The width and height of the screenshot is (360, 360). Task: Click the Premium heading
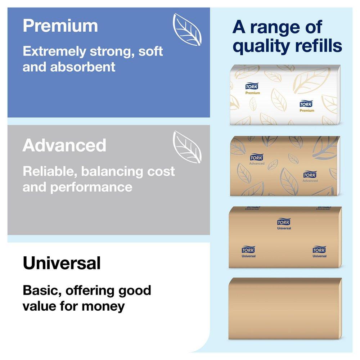click(x=60, y=26)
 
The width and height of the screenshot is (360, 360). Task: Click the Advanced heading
click(x=64, y=145)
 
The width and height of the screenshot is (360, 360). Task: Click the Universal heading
click(x=62, y=263)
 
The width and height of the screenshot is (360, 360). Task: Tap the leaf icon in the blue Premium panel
click(x=187, y=29)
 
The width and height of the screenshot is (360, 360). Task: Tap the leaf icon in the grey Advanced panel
click(x=187, y=147)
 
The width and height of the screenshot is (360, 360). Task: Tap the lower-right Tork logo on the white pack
click(x=307, y=104)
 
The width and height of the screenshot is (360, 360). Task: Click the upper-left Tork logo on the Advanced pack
click(x=257, y=157)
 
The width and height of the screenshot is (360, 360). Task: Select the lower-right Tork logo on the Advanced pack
click(x=310, y=175)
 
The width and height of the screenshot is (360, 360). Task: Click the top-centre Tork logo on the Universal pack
click(x=284, y=222)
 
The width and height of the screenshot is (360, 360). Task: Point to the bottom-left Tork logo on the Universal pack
click(x=248, y=250)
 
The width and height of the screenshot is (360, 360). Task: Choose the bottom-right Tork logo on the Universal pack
click(x=319, y=250)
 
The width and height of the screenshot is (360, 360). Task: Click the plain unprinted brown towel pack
click(x=285, y=309)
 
